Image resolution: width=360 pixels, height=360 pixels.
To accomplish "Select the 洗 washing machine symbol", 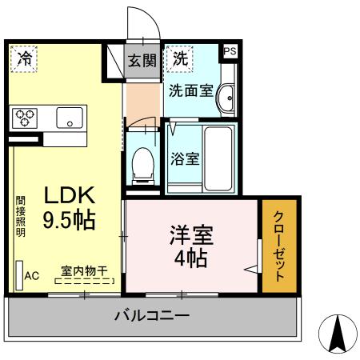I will (181, 58).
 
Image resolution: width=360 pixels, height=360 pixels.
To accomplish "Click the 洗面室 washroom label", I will (190, 90).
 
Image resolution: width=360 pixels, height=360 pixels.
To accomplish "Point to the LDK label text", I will (69, 195).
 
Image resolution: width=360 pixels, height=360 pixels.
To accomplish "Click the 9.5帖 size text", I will (69, 220).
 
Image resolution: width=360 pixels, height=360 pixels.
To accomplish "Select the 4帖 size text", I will (191, 258).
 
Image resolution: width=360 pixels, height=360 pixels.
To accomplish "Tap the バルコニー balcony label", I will (151, 316).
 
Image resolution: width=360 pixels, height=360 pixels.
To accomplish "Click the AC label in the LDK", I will (31, 277).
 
